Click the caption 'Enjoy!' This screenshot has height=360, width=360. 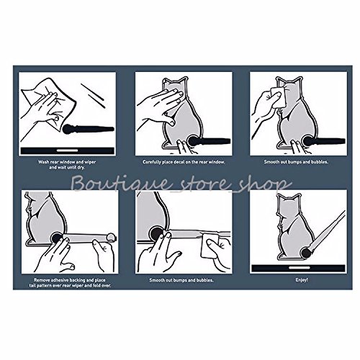point(302,280)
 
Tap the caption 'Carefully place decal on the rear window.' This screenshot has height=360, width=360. point(184,162)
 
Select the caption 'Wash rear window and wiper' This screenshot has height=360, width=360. point(67,162)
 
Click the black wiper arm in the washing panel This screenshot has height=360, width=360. point(89,129)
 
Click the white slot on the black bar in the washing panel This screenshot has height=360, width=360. point(68,150)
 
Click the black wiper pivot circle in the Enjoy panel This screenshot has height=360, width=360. point(306,253)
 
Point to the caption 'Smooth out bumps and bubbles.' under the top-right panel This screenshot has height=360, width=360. point(296,162)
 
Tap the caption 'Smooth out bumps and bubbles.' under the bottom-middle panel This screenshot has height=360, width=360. point(181,280)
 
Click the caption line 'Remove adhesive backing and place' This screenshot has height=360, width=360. point(70,280)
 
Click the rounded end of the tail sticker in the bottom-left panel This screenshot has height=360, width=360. point(111,237)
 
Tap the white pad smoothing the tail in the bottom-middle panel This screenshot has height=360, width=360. point(210,245)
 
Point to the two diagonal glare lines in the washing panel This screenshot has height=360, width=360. point(94,96)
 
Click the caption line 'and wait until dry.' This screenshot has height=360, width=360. point(67,168)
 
